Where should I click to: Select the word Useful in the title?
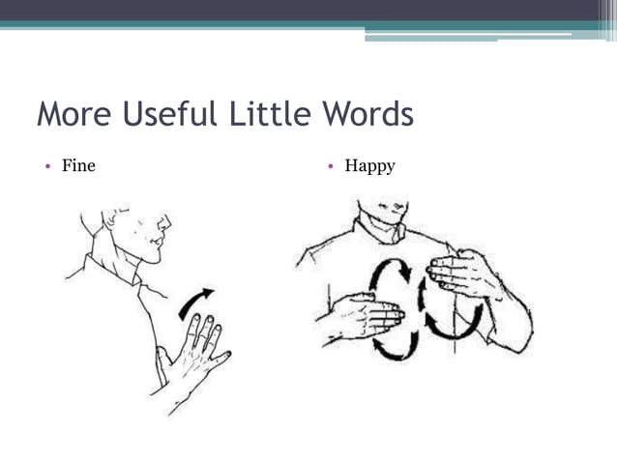coord(169,115)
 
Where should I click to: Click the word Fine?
coord(78,166)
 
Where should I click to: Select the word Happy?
coord(369,166)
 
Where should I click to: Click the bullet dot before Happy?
coord(330,166)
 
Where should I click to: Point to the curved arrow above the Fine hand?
coord(196,301)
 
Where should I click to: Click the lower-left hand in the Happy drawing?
coord(362,316)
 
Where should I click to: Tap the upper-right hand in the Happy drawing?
coord(465,274)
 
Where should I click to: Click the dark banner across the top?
coord(308,10)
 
